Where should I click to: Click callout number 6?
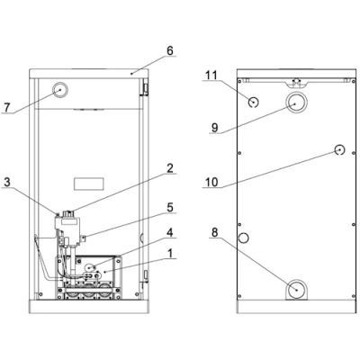170,50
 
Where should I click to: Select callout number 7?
6,107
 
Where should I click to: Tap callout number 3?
7,182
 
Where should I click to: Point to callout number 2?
170,168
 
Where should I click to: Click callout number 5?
170,207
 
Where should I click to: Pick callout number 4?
170,232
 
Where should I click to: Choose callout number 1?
170,254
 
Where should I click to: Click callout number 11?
211,76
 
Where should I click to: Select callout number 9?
215,128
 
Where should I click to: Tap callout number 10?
211,182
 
